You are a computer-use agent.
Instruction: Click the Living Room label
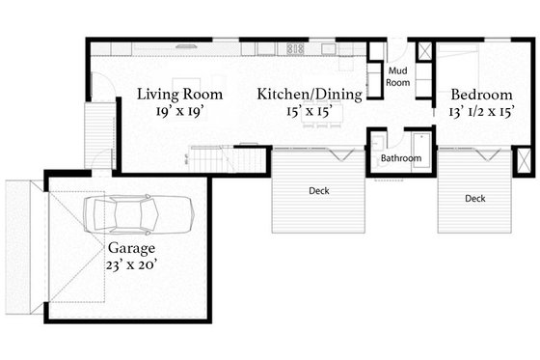(x=179, y=95)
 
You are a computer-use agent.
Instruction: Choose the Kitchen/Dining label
(x=310, y=95)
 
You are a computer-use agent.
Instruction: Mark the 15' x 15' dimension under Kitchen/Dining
(x=309, y=112)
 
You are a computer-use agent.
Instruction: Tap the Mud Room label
(x=398, y=76)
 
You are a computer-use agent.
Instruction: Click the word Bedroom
(x=481, y=95)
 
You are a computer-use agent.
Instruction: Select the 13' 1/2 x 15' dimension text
(x=481, y=112)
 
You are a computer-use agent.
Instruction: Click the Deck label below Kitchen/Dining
(x=319, y=191)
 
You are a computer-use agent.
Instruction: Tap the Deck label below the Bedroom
(x=474, y=199)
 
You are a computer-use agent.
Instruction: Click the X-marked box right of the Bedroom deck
(x=522, y=160)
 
